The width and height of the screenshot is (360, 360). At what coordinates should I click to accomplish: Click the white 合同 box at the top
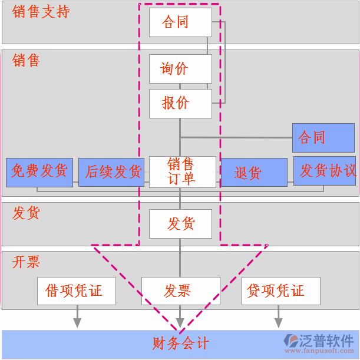tap(180, 22)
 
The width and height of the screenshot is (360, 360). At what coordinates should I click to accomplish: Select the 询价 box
tap(180, 69)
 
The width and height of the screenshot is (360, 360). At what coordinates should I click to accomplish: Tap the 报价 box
tap(180, 103)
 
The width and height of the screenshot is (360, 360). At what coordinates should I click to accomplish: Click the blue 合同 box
tap(323, 138)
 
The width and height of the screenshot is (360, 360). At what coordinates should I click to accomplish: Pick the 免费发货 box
tap(39, 172)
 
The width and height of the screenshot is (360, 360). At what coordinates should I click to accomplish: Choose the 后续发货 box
tap(111, 172)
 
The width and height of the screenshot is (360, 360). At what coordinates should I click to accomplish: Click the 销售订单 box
tap(182, 171)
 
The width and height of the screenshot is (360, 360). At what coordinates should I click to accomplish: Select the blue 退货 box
tap(253, 173)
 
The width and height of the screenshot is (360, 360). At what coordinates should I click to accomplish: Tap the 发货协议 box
tap(325, 171)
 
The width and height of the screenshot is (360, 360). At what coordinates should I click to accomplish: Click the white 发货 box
tap(180, 224)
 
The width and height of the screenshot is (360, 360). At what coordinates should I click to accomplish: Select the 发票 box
tap(180, 291)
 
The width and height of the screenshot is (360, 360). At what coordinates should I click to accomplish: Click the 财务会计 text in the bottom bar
tap(180, 343)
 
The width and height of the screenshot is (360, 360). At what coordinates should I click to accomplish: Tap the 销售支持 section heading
tap(41, 12)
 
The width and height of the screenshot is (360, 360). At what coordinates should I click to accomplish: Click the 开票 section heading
tap(27, 262)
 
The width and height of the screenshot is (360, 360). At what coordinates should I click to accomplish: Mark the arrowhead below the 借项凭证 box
tap(77, 323)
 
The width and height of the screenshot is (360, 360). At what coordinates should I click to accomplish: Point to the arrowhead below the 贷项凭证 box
tap(278, 323)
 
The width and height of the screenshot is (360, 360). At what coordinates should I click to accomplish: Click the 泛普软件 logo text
tap(327, 341)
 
